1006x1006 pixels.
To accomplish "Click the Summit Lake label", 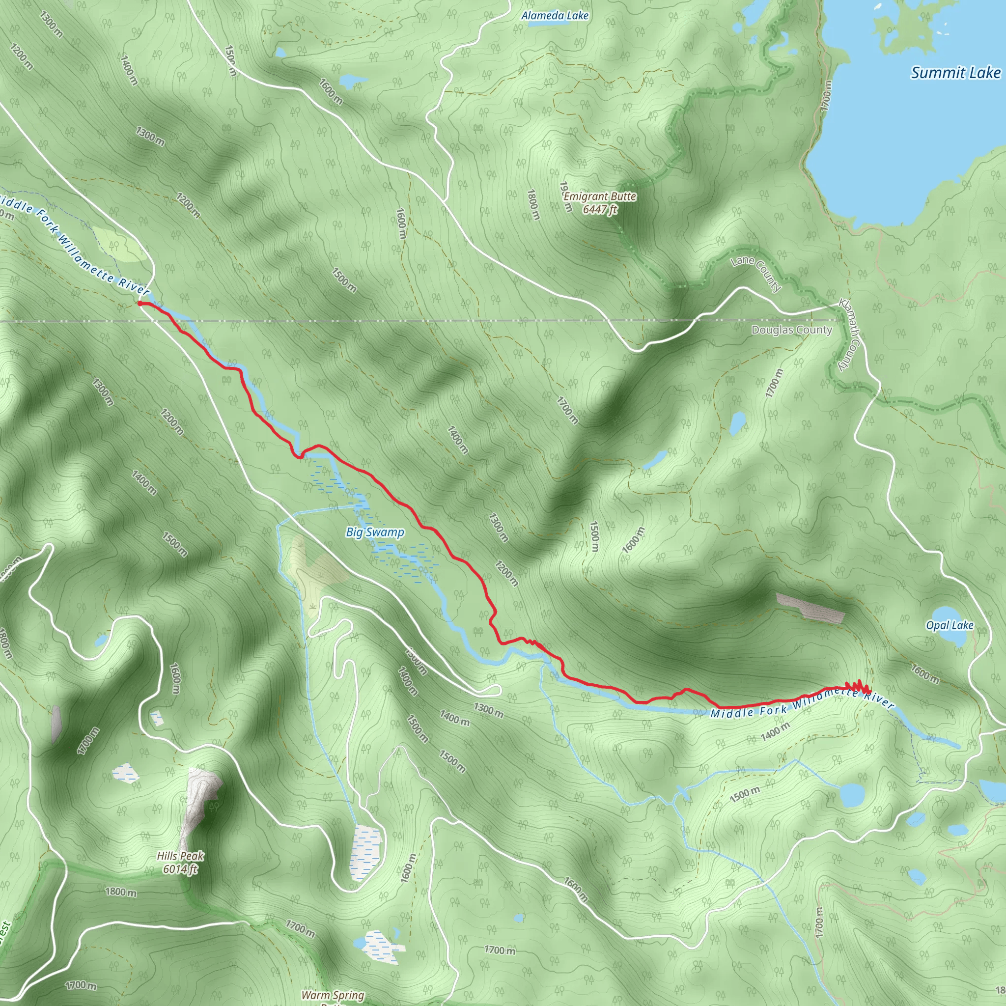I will (955, 73).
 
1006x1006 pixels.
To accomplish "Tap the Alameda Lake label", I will (555, 16).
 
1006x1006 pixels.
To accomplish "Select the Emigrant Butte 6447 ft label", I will (600, 202).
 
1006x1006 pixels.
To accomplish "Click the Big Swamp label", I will (375, 532).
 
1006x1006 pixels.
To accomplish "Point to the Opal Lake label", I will (949, 625).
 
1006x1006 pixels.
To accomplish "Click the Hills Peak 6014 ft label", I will (180, 862).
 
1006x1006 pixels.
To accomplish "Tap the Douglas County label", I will (791, 330).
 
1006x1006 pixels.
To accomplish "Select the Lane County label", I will (756, 274).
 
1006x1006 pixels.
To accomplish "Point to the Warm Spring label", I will (332, 995).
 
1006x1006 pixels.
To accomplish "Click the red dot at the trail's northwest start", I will (140, 303).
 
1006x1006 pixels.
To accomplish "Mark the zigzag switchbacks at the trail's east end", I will (857, 687).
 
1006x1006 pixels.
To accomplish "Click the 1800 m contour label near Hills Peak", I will (121, 892).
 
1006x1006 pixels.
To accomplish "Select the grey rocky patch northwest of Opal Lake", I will (810, 607).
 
